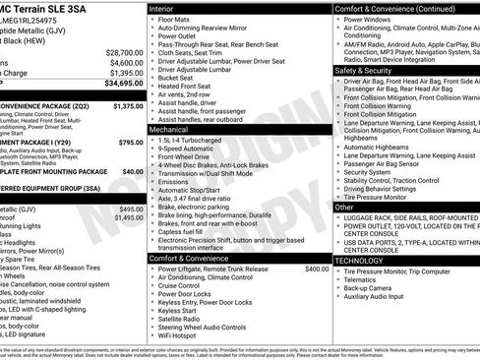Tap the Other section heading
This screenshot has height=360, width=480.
345,208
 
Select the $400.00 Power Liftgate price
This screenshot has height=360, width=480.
317,269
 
